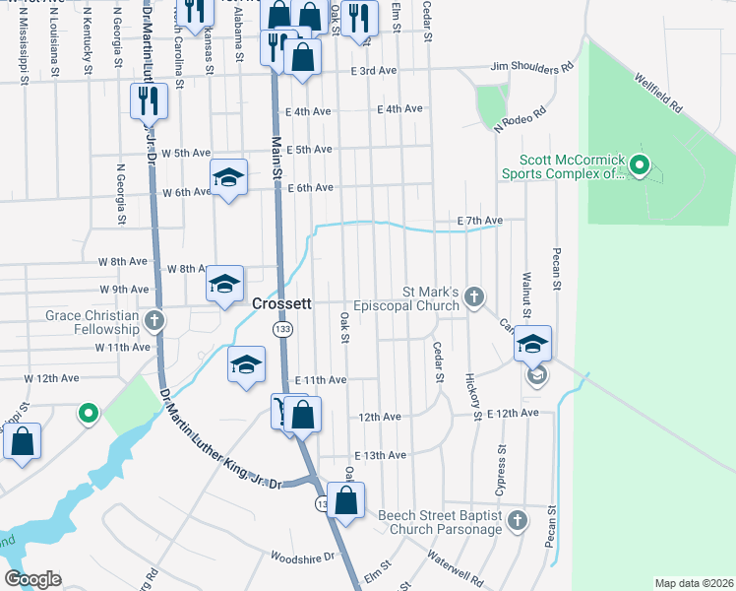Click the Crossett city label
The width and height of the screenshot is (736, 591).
tap(282, 304)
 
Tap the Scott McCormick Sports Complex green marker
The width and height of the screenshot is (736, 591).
tap(641, 165)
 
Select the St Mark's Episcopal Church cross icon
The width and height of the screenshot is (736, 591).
tap(474, 295)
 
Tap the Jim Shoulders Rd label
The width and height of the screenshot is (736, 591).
tap(531, 69)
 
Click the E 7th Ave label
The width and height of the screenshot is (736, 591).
tap(479, 220)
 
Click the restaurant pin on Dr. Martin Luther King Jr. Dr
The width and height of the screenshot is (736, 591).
tap(149, 100)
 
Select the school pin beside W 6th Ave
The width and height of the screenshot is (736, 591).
tap(228, 178)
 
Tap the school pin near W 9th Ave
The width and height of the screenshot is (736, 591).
tap(224, 285)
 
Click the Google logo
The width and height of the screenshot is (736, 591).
tap(32, 579)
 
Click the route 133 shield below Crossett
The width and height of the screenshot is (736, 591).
tap(282, 329)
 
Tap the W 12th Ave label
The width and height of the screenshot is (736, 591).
tap(53, 377)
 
